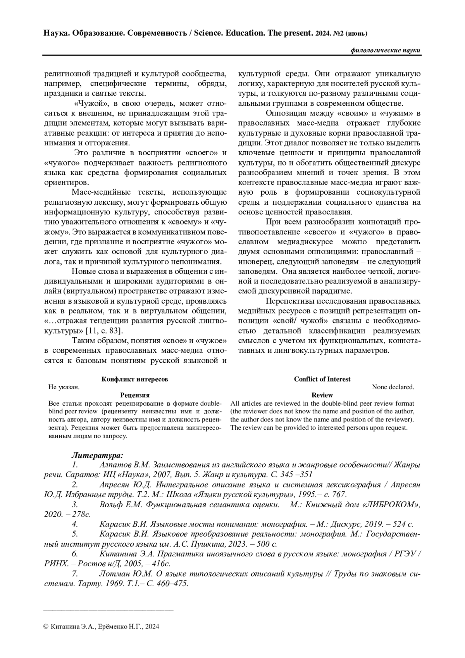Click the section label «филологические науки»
click(x=385, y=51)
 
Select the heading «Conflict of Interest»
click(x=322, y=379)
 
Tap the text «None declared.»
click(x=393, y=387)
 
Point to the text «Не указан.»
click(x=64, y=387)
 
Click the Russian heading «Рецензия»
click(x=134, y=395)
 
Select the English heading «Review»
click(x=322, y=395)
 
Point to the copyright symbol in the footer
click(x=46, y=626)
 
